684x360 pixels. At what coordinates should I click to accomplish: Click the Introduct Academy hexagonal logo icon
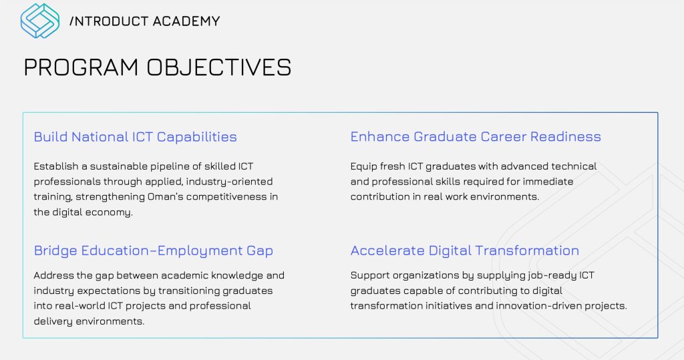[x=39, y=21]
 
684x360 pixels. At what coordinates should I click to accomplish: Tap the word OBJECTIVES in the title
[x=218, y=67]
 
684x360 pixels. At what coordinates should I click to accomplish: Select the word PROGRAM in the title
[x=81, y=67]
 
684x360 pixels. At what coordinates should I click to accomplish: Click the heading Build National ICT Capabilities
[x=135, y=136]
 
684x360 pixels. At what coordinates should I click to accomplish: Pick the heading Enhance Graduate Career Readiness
[x=476, y=136]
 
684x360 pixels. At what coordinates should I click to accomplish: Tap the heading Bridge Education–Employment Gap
[x=154, y=250]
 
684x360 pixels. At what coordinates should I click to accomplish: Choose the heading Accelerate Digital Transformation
[x=465, y=250]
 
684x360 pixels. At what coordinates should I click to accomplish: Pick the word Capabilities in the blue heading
[x=197, y=137]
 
